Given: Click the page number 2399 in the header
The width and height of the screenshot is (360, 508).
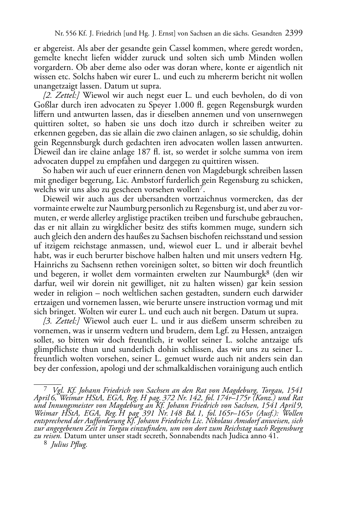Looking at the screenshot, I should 294,34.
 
